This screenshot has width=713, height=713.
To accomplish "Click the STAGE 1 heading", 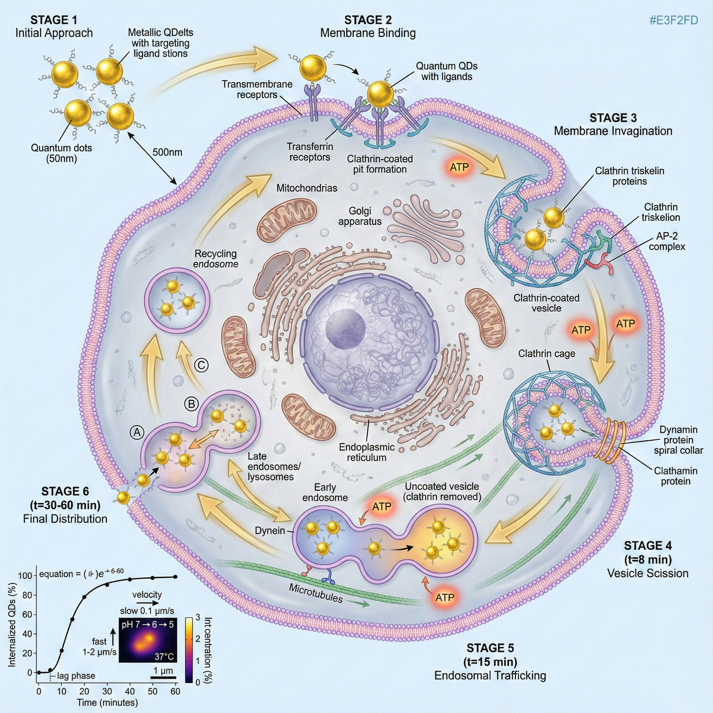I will [54, 19].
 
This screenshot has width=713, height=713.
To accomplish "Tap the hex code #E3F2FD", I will [674, 20].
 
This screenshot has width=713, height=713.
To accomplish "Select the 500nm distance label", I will [167, 152].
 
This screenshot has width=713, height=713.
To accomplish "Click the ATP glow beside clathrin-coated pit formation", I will [459, 167].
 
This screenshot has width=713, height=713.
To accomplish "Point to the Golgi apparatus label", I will [360, 216].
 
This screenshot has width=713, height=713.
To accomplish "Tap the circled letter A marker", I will [137, 432].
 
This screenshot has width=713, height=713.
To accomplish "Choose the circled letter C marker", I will [201, 365].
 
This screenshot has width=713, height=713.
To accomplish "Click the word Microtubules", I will [316, 593].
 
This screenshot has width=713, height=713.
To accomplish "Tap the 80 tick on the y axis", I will [27, 595].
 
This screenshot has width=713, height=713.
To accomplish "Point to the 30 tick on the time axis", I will [107, 691].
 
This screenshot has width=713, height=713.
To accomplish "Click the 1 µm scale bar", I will [163, 677].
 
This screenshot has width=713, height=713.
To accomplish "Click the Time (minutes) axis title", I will [107, 702].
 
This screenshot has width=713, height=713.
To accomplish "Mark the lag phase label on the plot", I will [76, 676].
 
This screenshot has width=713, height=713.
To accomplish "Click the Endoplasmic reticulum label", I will [367, 452].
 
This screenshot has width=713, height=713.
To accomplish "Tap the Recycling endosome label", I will [216, 259].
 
